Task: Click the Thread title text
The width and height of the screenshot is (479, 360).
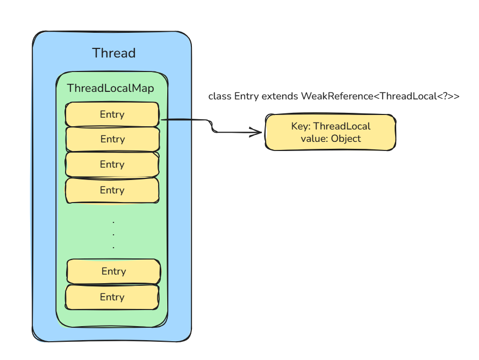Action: (x=113, y=53)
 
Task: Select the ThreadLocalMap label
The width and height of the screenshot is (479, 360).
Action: (x=110, y=88)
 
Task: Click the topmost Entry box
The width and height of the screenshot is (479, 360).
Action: (x=112, y=114)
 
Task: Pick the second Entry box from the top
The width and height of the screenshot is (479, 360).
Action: (x=112, y=139)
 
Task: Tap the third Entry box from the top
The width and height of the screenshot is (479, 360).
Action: (x=112, y=164)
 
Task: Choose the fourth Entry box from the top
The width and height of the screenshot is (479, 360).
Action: (x=112, y=190)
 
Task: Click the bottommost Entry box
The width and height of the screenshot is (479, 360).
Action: (x=112, y=297)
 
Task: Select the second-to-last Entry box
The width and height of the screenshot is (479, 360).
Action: (x=113, y=271)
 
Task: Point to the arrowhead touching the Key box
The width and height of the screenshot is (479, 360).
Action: (x=257, y=132)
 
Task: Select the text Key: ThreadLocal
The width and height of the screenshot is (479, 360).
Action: (x=331, y=126)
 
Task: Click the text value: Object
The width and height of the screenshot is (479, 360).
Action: (x=331, y=139)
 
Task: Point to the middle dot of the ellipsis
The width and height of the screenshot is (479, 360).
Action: (x=113, y=234)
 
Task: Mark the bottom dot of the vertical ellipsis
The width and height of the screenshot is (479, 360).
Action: (x=113, y=247)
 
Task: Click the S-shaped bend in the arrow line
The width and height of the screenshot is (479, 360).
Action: (x=212, y=126)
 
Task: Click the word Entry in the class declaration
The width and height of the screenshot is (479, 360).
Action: (x=247, y=97)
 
